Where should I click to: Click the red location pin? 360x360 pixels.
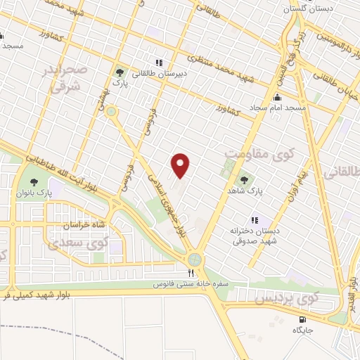[181, 166]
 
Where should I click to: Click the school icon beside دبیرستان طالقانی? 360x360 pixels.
[159, 62]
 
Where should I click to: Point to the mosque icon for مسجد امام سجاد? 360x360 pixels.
[277, 97]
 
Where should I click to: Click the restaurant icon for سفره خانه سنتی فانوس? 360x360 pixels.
[190, 274]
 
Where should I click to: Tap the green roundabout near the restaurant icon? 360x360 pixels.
[193, 259]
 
